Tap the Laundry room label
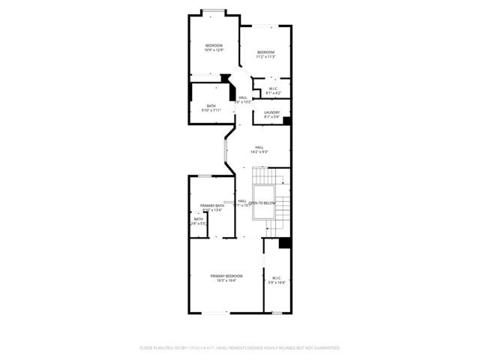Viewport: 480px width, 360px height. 271,112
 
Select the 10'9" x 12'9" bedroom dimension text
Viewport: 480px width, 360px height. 214,50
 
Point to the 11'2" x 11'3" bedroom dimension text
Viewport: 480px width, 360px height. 265,56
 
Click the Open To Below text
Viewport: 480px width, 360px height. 262,203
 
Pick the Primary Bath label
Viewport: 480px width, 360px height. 211,205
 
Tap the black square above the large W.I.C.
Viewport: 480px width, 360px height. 284,243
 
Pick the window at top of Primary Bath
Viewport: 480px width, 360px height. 204,175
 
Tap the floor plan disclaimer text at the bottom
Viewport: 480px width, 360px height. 240,348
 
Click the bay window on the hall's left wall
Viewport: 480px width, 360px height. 225,148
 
